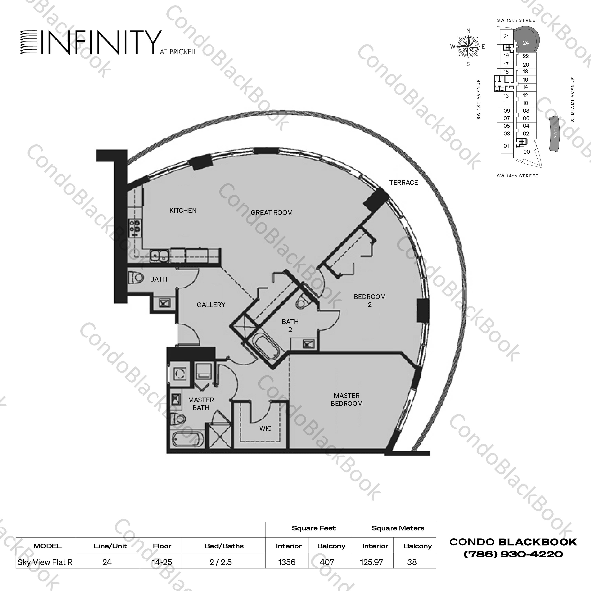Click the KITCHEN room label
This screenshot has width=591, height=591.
(183, 211)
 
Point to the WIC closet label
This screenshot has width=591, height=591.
(265, 428)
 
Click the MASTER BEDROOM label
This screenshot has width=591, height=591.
(347, 400)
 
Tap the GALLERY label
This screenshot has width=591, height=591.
(211, 305)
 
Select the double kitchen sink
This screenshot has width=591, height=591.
(159, 256)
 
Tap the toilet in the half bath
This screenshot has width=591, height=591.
(136, 278)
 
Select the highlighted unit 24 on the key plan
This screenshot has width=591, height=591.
(526, 43)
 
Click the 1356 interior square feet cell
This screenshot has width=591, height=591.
(287, 562)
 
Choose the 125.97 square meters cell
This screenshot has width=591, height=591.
(372, 562)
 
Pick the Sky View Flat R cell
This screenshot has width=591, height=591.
(45, 562)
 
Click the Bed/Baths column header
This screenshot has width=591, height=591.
(224, 546)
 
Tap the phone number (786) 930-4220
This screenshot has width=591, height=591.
(513, 554)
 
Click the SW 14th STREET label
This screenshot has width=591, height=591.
(518, 176)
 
